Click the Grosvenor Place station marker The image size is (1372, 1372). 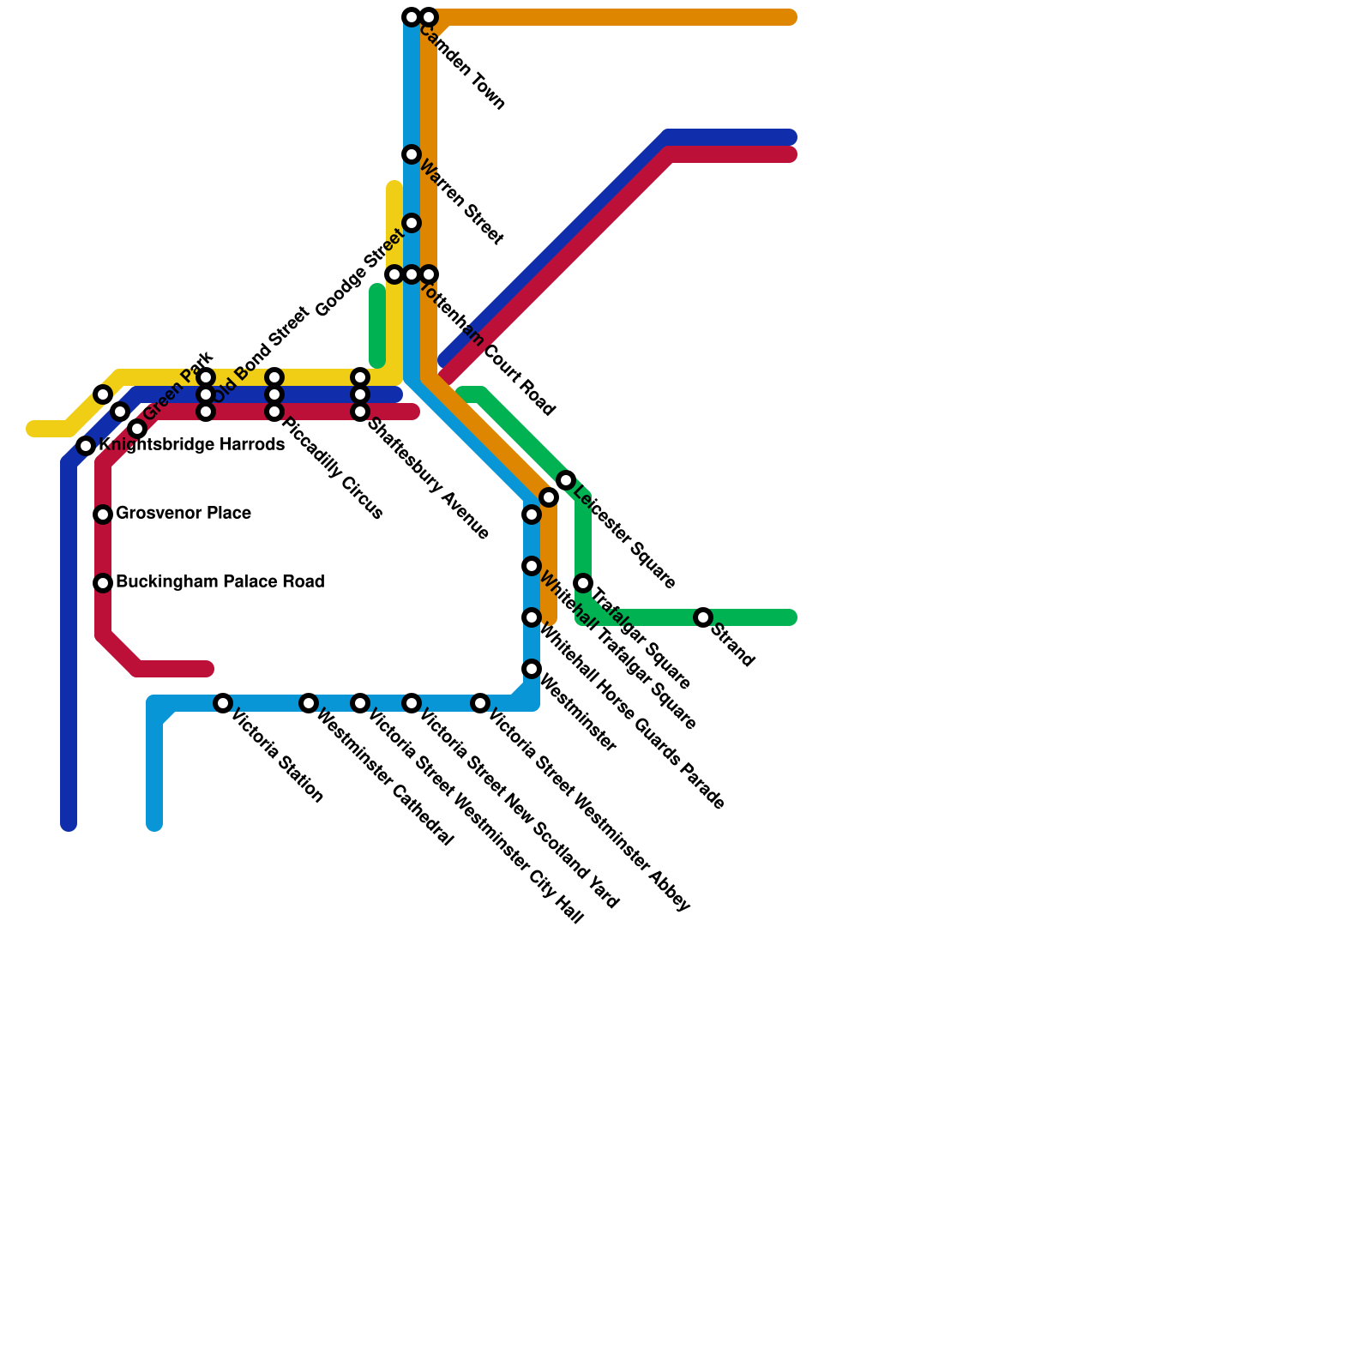point(103,514)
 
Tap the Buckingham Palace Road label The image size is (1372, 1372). point(220,582)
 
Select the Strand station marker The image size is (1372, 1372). point(703,617)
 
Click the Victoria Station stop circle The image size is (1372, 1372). point(223,703)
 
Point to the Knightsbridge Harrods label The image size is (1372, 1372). point(191,445)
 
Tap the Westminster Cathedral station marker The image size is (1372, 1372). point(309,703)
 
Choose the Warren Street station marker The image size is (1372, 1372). point(412,154)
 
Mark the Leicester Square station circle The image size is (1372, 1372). point(566,480)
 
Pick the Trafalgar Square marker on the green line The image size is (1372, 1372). point(583,583)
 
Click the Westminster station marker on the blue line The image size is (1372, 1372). point(532,669)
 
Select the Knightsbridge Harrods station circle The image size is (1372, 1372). point(86,446)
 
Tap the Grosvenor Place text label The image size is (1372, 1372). point(183,514)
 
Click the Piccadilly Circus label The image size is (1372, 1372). point(332,468)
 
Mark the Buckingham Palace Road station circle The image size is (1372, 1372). point(103,583)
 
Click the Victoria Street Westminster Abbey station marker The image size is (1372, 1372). point(480,703)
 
